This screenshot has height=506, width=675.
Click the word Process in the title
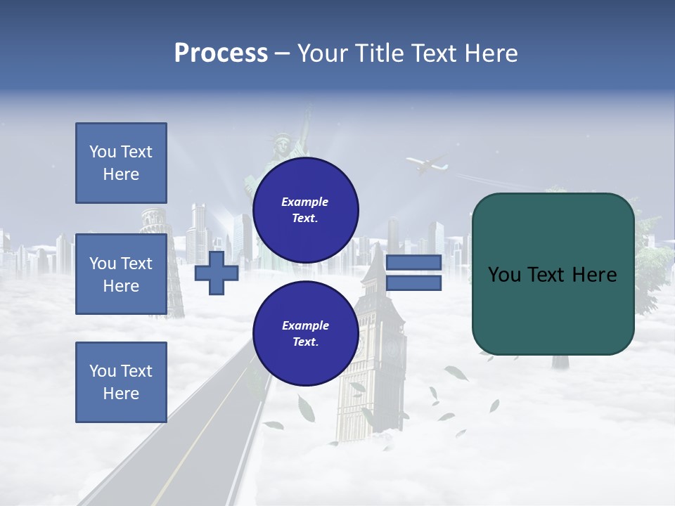click(221, 53)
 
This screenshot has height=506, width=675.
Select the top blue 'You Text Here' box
click(121, 163)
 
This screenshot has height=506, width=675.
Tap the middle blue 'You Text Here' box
click(121, 274)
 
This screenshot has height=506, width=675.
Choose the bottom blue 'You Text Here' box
click(121, 382)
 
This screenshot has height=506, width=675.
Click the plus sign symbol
click(217, 273)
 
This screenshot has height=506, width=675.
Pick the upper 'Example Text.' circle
click(305, 210)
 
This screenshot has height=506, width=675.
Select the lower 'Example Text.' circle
click(305, 334)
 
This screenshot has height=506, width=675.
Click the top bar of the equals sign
click(413, 262)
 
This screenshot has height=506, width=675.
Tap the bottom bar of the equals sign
click(413, 283)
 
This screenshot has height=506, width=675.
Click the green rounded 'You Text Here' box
click(553, 274)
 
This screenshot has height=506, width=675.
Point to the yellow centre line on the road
click(204, 436)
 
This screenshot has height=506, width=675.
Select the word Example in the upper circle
click(305, 202)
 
